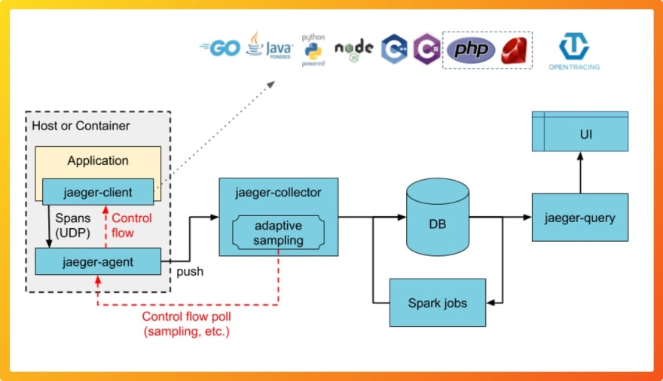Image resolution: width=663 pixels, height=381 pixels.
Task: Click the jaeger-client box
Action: pos(98,192)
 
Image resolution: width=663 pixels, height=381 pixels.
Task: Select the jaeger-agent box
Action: pos(98,261)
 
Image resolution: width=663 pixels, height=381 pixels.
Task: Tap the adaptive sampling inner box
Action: pos(278,233)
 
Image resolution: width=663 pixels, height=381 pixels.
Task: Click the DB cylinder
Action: pos(438,217)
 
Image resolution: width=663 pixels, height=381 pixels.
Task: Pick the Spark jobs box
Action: pos(438,303)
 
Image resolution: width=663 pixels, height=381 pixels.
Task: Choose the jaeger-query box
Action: pos(579,217)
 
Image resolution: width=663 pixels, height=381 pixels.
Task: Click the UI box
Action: pos(579,131)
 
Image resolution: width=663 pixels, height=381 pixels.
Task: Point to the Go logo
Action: pos(220,48)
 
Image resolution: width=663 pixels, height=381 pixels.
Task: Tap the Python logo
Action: pos(313,50)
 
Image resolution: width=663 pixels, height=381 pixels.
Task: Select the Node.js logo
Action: pos(354,50)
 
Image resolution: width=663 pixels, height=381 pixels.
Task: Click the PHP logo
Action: pos(471,50)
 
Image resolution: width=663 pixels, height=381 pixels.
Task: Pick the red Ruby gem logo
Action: pos(514,50)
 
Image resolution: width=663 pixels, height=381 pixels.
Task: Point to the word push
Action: pos(190,272)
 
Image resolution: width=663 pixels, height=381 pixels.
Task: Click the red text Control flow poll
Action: pos(187,316)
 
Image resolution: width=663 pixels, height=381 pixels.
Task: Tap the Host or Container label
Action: pos(81,126)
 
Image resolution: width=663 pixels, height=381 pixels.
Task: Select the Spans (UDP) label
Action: pos(73,225)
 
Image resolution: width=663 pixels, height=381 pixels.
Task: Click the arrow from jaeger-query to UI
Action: pos(580,172)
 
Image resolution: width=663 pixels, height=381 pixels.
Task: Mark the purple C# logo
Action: pos(426,49)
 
